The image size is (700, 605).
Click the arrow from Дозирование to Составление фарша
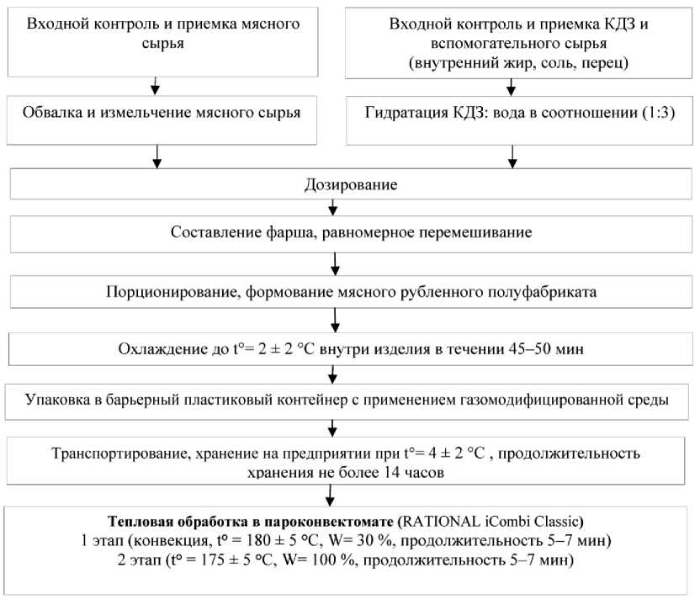[x=334, y=206]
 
